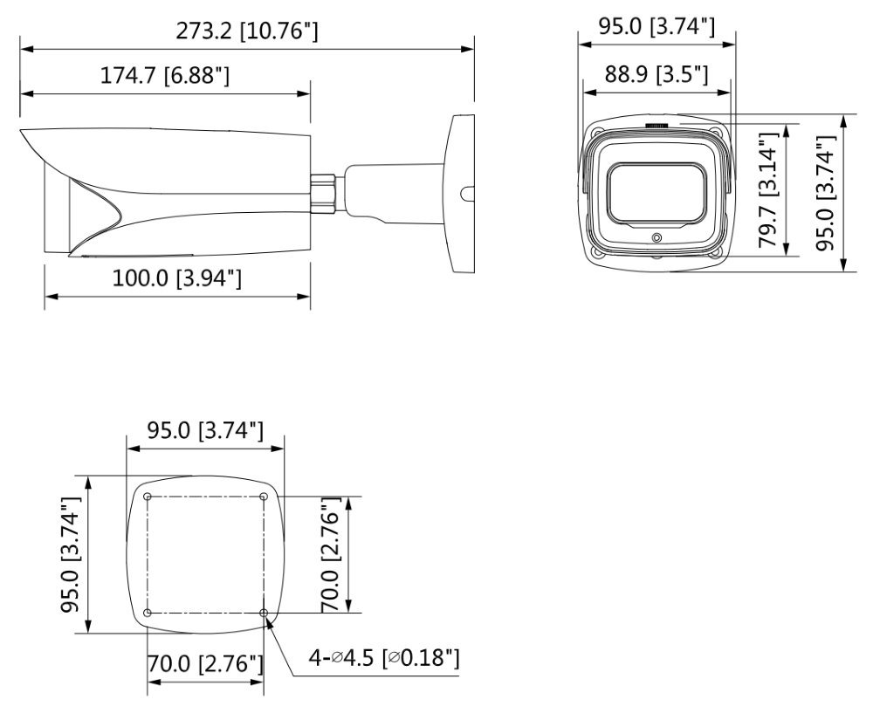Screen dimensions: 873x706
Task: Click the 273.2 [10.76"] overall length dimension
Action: pyautogui.click(x=247, y=31)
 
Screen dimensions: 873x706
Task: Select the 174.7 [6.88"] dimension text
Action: pyautogui.click(x=165, y=75)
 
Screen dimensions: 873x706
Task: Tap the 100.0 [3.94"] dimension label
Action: pyautogui.click(x=177, y=278)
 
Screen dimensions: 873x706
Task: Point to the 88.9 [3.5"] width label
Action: pyautogui.click(x=656, y=73)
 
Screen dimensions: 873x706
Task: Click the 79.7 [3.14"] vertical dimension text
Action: pyautogui.click(x=768, y=190)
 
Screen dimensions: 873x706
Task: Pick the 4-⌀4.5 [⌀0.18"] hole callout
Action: pyautogui.click(x=385, y=658)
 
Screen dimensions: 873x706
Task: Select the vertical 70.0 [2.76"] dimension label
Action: pyautogui.click(x=331, y=555)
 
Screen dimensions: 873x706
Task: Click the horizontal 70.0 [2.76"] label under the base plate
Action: pyautogui.click(x=205, y=663)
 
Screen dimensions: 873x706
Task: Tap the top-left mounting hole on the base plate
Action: pyautogui.click(x=148, y=497)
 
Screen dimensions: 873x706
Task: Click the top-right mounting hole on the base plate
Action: pyautogui.click(x=264, y=497)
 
